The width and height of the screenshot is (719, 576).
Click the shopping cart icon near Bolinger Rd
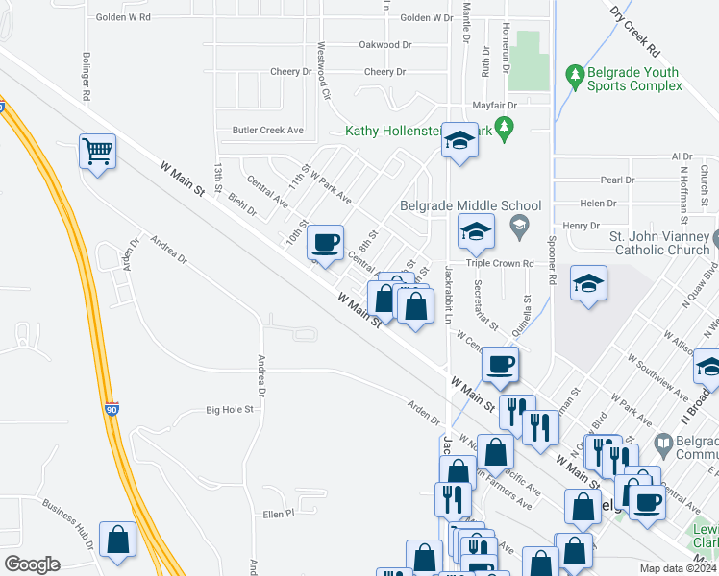[98, 151]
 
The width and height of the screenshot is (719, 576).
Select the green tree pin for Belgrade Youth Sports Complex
[575, 74]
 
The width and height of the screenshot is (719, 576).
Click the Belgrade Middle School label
[471, 205]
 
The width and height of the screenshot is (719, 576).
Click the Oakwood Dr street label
[384, 45]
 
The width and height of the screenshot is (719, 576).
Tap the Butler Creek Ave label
[267, 130]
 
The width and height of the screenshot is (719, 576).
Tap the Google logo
[32, 564]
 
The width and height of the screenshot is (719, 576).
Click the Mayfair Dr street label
[494, 105]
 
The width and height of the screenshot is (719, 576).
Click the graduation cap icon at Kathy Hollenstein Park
[459, 142]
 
